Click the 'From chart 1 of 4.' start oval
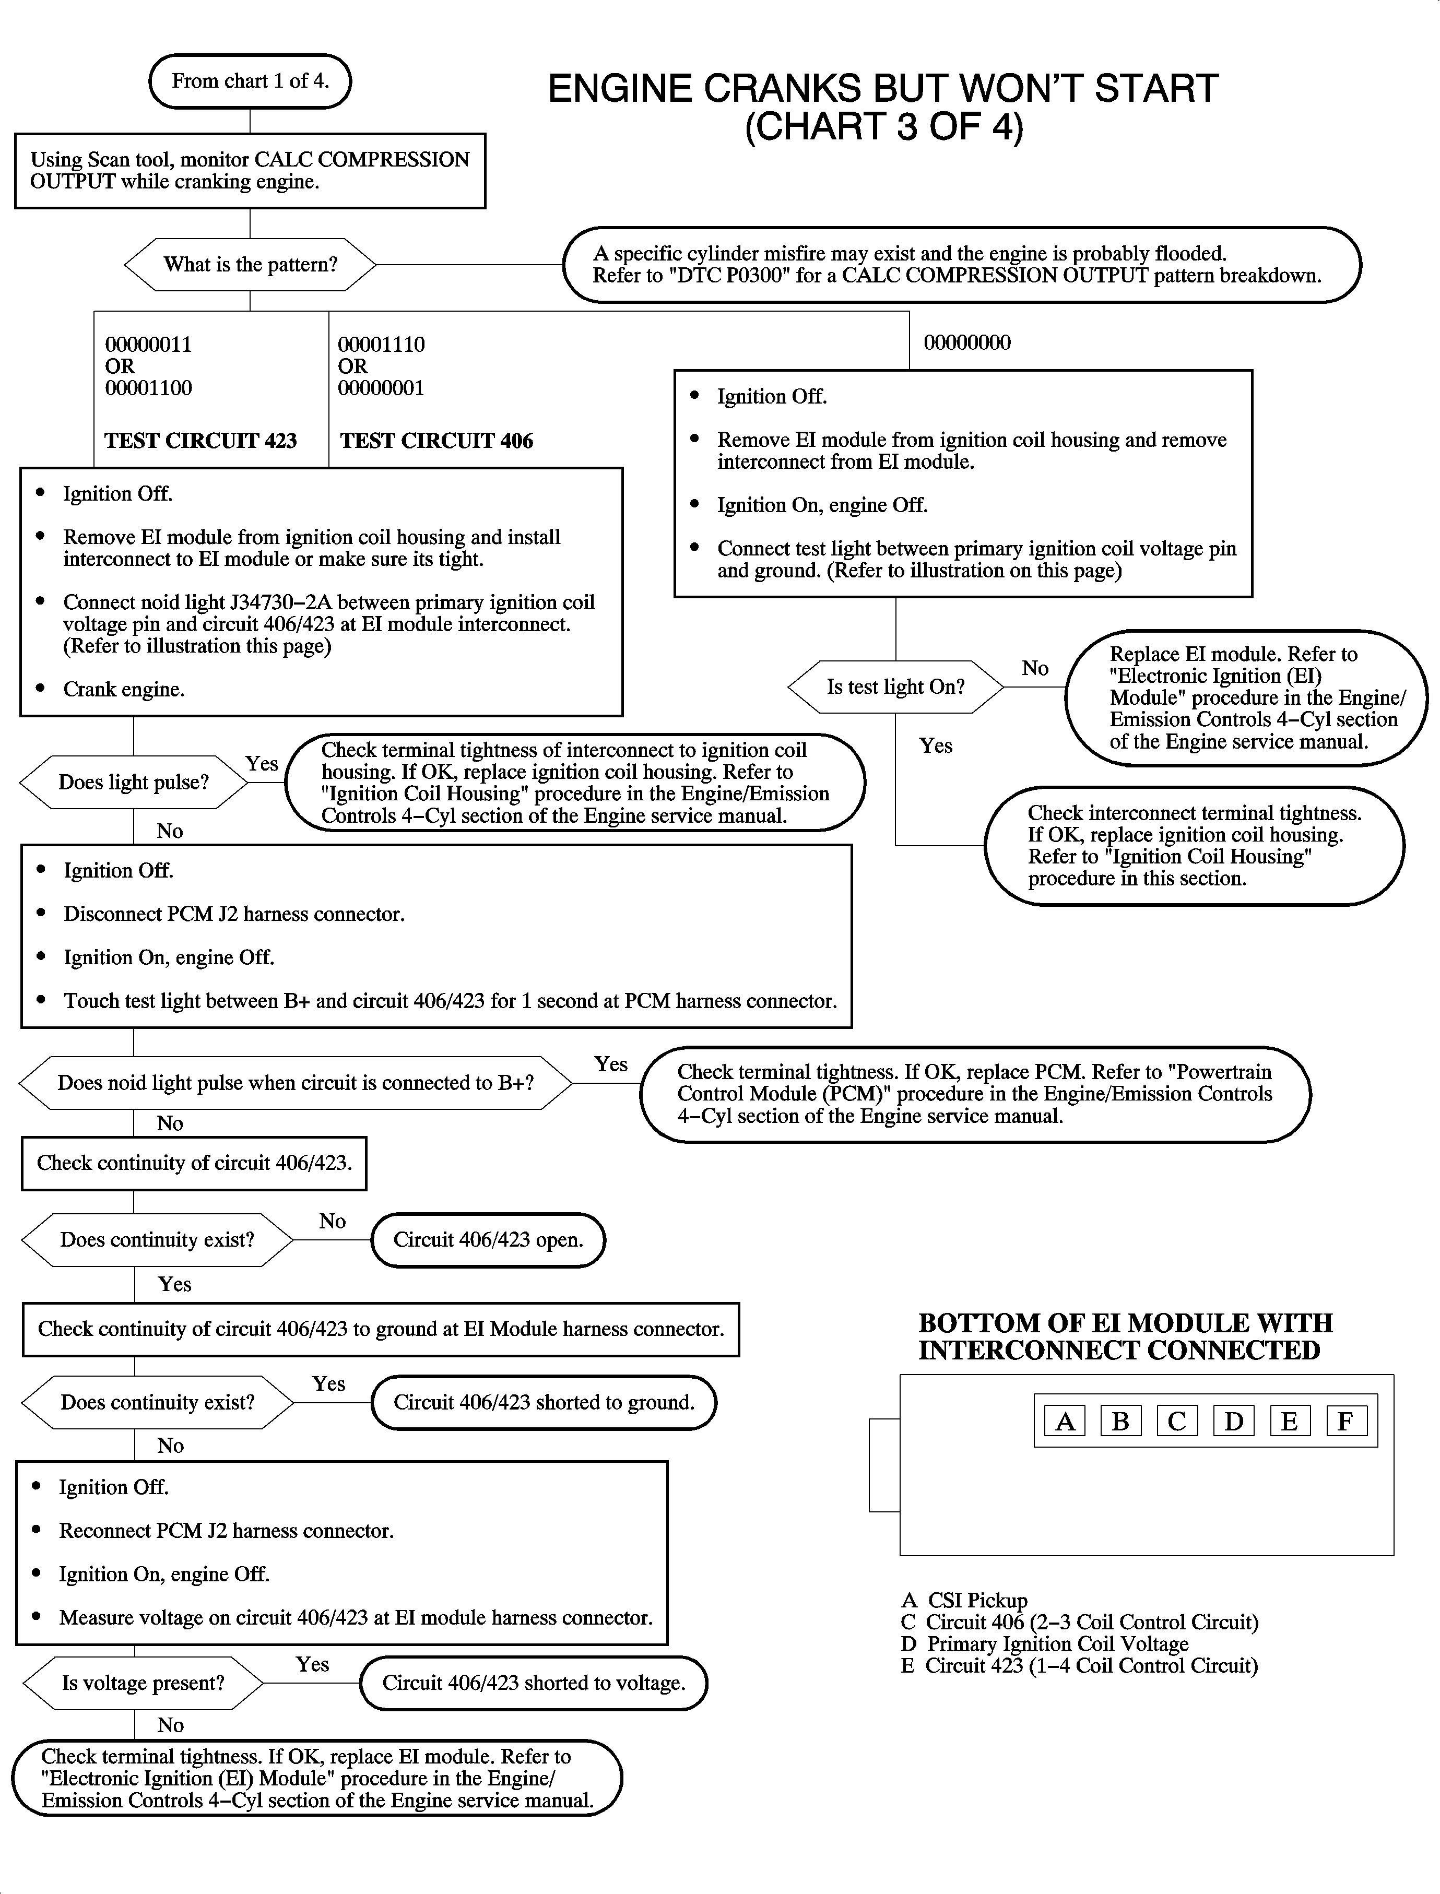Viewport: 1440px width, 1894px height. (250, 81)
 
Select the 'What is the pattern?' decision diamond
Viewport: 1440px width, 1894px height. (250, 265)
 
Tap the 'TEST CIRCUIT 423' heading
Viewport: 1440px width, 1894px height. (200, 441)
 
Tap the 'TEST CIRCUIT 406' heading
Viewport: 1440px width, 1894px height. (436, 441)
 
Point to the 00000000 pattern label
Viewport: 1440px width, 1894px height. (967, 343)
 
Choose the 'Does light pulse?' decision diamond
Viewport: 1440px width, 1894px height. (134, 783)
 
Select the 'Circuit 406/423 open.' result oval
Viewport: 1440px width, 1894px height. (488, 1240)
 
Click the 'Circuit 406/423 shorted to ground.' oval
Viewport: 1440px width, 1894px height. (544, 1403)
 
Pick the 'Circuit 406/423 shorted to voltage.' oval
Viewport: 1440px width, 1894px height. (533, 1683)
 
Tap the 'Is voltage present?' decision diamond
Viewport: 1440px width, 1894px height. (143, 1683)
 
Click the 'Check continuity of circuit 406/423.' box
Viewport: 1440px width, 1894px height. (194, 1163)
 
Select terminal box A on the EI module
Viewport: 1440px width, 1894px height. (1065, 1422)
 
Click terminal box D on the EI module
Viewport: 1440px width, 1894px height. (1233, 1422)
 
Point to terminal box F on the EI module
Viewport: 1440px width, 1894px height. (1345, 1422)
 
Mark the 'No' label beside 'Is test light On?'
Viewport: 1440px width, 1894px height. (1034, 668)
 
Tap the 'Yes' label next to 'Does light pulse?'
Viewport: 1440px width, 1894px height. (262, 764)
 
